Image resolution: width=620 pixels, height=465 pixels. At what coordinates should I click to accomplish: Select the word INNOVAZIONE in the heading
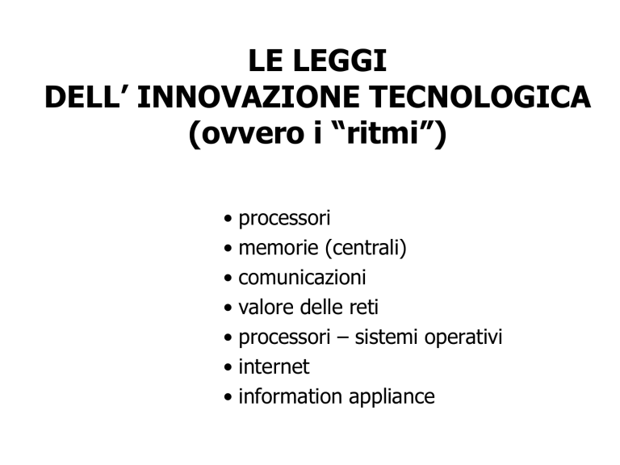point(248,97)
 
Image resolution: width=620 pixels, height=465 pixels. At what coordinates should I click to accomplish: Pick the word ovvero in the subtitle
point(253,134)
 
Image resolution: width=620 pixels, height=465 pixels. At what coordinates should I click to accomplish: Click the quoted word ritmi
point(383,133)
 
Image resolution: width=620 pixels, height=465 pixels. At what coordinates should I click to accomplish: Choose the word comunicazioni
point(302,278)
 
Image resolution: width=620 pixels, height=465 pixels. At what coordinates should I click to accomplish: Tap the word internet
point(274,367)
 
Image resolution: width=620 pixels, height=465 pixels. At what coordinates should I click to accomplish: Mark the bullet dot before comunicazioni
point(228,278)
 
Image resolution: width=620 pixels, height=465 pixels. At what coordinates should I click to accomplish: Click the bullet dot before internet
point(228,367)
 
